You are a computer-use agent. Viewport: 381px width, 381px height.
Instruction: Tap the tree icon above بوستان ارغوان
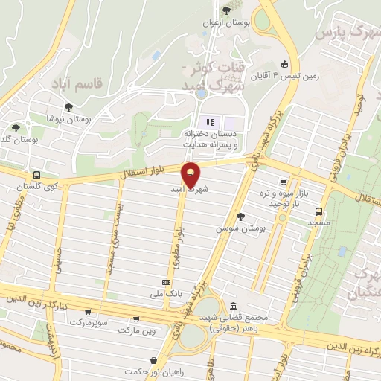(226, 10)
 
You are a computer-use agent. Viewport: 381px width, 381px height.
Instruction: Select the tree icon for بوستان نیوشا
(69, 107)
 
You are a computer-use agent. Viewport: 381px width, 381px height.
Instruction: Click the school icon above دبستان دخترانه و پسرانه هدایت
(209, 121)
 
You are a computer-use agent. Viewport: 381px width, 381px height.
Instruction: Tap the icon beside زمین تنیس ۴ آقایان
(285, 65)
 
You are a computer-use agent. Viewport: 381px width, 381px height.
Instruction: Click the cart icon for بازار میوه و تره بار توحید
(283, 182)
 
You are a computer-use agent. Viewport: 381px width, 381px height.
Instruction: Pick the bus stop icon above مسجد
(318, 211)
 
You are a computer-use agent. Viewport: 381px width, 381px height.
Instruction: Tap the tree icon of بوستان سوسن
(240, 217)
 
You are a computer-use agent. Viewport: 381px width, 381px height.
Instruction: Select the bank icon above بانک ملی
(165, 283)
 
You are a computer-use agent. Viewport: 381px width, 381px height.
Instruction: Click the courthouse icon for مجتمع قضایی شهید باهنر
(234, 307)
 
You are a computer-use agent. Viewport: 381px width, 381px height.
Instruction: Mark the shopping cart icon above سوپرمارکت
(89, 312)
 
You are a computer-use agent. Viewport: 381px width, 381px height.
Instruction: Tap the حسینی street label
(57, 263)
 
